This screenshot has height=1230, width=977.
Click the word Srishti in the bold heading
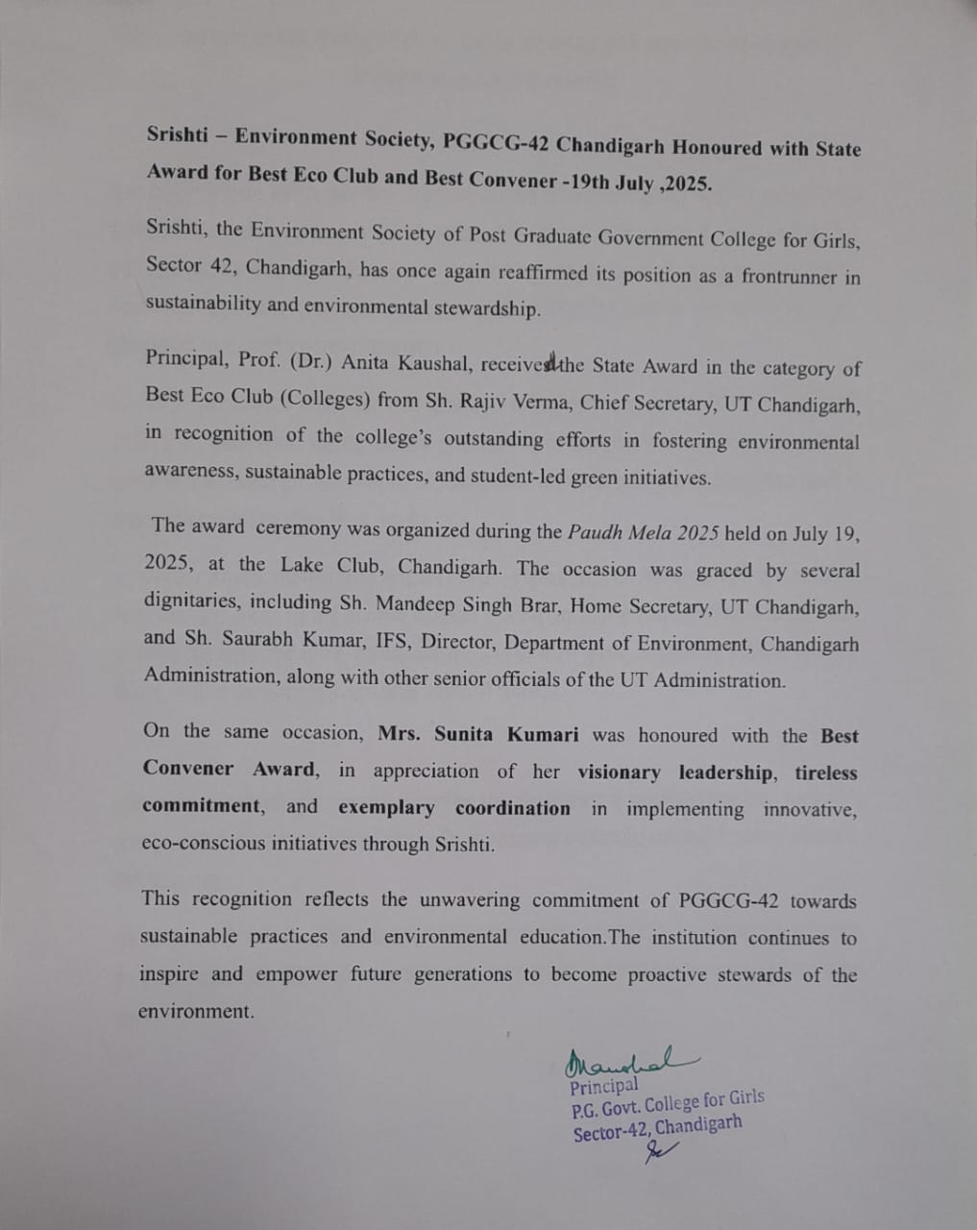tap(179, 135)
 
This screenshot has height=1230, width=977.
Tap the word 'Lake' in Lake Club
tap(302, 564)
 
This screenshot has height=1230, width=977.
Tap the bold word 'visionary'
tap(619, 773)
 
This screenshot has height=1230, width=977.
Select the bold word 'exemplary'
tap(386, 808)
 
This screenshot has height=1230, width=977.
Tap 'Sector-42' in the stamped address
tap(609, 1133)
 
